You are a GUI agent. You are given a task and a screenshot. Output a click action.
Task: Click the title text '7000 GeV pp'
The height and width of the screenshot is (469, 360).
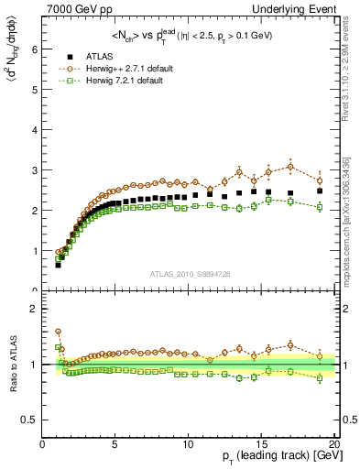point(78,8)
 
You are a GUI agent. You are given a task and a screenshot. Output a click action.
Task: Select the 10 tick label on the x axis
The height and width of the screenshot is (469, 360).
point(188,446)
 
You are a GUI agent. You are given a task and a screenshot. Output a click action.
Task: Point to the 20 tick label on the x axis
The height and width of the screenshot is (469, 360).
point(333,446)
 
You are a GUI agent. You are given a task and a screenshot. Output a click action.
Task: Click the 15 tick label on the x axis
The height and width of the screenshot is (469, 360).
point(260,446)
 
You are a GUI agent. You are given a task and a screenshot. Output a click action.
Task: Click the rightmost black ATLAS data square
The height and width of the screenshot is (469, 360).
point(320,191)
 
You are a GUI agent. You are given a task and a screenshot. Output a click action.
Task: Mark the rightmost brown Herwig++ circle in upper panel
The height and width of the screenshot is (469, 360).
point(320,180)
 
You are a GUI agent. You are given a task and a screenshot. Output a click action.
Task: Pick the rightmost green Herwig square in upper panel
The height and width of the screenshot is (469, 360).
point(320,208)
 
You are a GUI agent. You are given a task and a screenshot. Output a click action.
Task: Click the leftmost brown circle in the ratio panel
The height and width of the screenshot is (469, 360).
point(58,332)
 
